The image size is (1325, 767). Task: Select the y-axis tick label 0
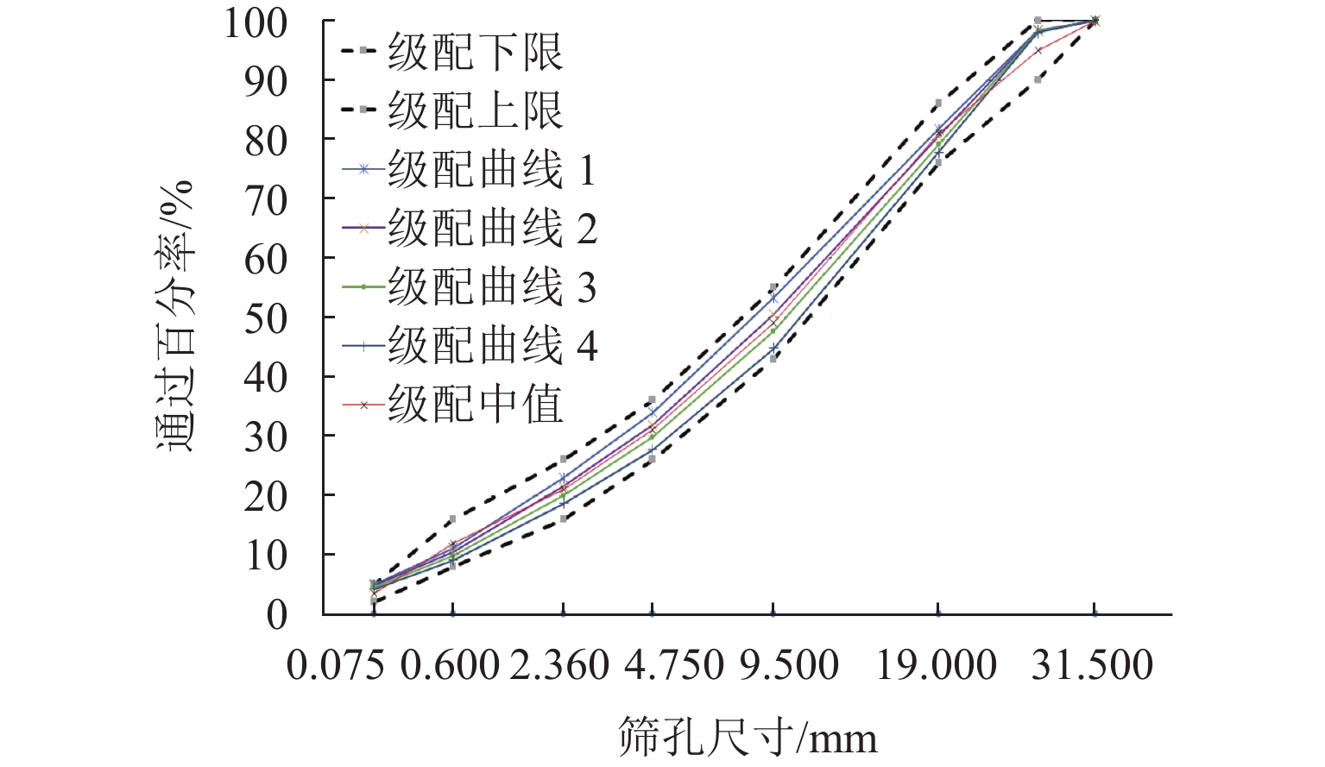pos(277,615)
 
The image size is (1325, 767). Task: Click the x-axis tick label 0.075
pos(335,666)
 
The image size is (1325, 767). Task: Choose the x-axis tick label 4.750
pos(673,666)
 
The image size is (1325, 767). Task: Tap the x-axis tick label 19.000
pos(937,666)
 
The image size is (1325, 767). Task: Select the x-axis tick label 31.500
pos(1093,666)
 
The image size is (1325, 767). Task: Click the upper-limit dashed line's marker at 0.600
pos(452,519)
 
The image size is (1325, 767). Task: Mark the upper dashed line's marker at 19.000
pos(938,103)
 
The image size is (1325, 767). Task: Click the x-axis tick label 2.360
pos(559,666)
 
